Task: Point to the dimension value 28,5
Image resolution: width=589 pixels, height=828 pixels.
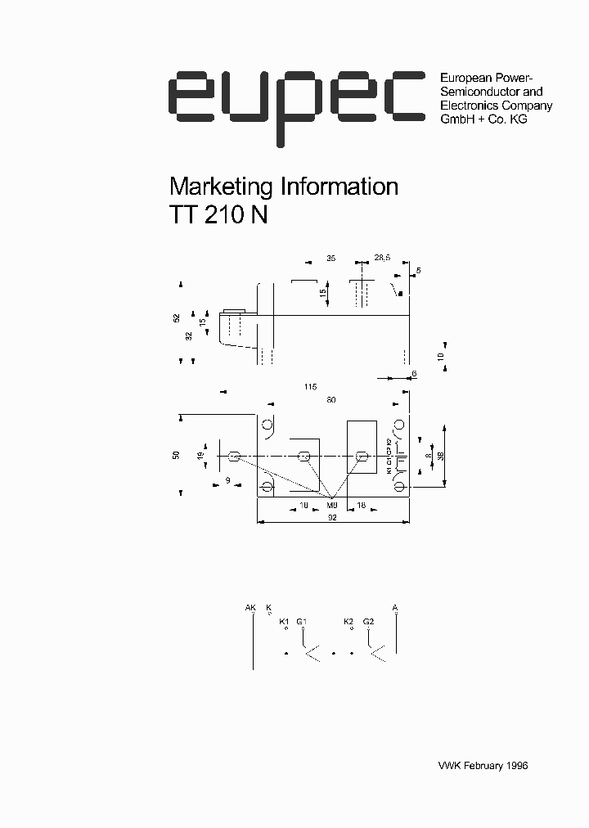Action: click(x=382, y=259)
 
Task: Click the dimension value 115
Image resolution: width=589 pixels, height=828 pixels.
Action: click(x=309, y=386)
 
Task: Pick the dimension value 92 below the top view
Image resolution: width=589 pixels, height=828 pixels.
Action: click(x=334, y=516)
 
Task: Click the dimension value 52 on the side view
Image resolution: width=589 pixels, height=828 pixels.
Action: click(x=177, y=318)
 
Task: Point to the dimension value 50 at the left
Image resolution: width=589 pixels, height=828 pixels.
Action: click(x=176, y=455)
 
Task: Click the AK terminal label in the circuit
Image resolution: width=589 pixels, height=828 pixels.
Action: click(x=250, y=607)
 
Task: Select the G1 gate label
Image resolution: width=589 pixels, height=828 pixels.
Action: click(x=301, y=622)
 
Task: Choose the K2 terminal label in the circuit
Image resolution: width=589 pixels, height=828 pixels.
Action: click(x=348, y=622)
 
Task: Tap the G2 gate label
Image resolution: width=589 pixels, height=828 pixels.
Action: click(x=368, y=622)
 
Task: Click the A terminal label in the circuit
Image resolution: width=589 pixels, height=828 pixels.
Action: click(x=395, y=607)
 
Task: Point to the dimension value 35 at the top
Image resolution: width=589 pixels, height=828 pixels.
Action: click(x=330, y=259)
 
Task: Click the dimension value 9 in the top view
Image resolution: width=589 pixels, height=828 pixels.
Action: click(x=227, y=480)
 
